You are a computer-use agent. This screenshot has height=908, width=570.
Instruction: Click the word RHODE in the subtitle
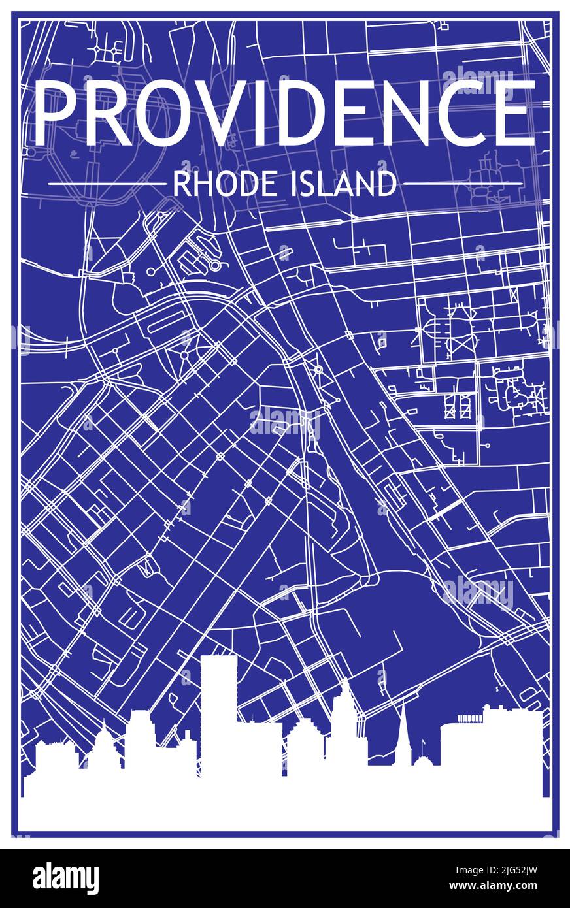pyautogui.click(x=215, y=184)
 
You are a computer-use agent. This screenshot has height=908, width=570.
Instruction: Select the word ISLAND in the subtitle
pyautogui.click(x=341, y=184)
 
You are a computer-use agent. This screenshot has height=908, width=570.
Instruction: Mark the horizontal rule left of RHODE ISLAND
pyautogui.click(x=107, y=184)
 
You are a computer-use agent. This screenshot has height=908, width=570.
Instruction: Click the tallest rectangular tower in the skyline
pyautogui.click(x=218, y=712)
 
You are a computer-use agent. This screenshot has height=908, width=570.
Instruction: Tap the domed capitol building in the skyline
pyautogui.click(x=104, y=751)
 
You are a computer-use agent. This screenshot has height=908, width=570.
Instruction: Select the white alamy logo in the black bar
pyautogui.click(x=65, y=878)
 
